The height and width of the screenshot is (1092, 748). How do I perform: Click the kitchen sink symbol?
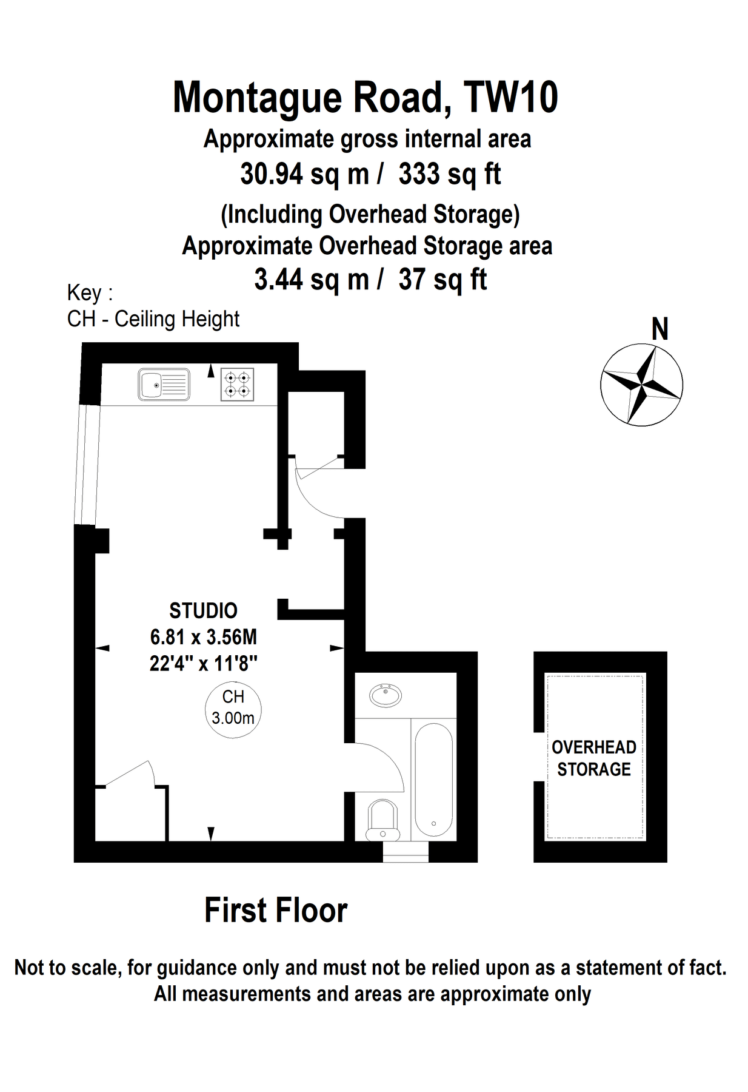(x=164, y=385)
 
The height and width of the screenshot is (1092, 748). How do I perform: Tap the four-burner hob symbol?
(x=237, y=385)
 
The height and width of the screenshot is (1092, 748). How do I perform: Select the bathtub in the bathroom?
(x=433, y=780)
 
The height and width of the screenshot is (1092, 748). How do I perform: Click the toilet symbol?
(x=382, y=820)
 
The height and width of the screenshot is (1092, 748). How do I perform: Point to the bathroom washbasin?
(x=386, y=695)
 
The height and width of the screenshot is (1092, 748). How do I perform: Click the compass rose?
(x=641, y=385)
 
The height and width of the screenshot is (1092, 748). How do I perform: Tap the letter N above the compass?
(x=660, y=329)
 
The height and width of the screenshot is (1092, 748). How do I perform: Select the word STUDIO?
(x=203, y=610)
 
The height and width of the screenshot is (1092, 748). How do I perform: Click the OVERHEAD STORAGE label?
(x=594, y=758)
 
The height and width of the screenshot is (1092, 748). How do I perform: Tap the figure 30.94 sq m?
(x=304, y=174)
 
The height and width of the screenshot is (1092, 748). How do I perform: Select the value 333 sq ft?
(x=450, y=174)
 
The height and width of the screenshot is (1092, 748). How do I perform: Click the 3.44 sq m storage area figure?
(x=312, y=280)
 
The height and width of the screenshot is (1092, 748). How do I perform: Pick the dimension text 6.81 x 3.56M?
(x=204, y=637)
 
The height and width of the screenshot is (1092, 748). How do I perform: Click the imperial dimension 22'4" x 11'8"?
(x=204, y=663)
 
